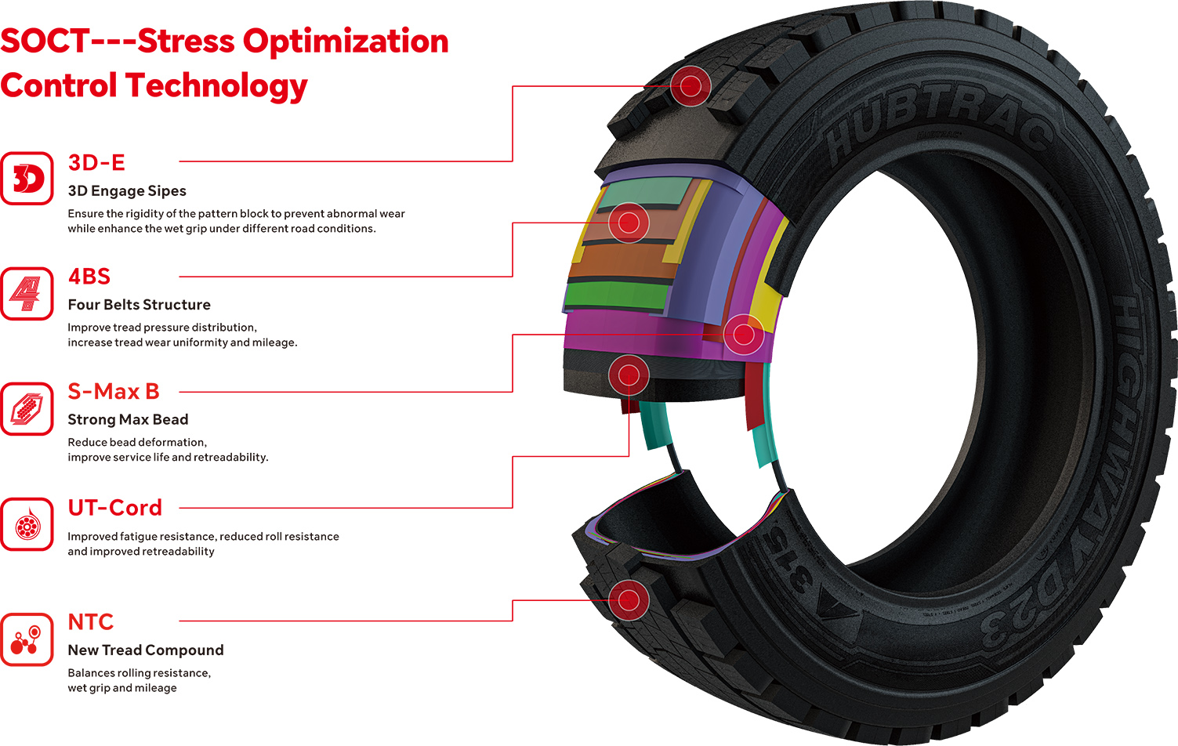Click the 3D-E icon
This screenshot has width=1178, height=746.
27,179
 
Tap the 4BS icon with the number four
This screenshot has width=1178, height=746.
27,293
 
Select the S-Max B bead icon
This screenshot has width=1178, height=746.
27,408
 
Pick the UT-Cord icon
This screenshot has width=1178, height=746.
27,523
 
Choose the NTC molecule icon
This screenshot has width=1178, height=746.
27,639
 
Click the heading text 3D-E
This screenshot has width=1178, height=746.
96,162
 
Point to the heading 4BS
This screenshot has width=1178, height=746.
89,277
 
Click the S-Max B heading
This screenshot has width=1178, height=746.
114,391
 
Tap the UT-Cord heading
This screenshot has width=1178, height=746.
114,508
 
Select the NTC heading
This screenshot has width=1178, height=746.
91,622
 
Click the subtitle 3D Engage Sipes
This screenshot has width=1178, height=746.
127,191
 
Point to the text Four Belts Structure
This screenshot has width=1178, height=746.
140,305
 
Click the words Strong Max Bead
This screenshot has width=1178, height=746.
128,419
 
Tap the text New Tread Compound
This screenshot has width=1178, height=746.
146,650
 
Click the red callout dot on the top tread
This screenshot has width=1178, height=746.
690,85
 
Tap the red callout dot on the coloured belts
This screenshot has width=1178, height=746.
629,223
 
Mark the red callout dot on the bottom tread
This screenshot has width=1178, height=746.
629,601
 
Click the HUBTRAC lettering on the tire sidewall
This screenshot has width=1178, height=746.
941,125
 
